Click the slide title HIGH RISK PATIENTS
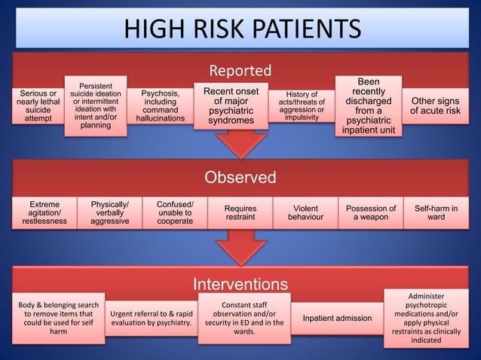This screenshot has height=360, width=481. pyautogui.click(x=241, y=28)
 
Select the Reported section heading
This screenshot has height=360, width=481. pyautogui.click(x=240, y=71)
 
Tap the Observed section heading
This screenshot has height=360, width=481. pyautogui.click(x=240, y=178)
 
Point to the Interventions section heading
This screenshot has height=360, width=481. pyautogui.click(x=240, y=284)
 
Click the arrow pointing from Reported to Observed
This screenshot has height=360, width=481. pyautogui.click(x=240, y=143)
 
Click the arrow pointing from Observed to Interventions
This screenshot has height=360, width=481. pyautogui.click(x=240, y=247)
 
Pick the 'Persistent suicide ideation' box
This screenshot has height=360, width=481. pyautogui.click(x=94, y=105)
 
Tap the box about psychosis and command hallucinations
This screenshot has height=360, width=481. pyautogui.click(x=160, y=106)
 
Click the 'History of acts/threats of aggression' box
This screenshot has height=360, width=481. pyautogui.click(x=301, y=106)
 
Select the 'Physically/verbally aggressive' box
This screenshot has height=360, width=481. pyautogui.click(x=109, y=212)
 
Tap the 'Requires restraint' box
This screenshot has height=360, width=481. pyautogui.click(x=240, y=213)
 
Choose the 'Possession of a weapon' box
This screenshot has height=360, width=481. pyautogui.click(x=370, y=213)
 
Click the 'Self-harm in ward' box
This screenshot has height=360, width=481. pyautogui.click(x=436, y=213)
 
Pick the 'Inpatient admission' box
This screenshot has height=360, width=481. pyautogui.click(x=336, y=319)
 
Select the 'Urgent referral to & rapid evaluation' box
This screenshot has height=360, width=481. pyautogui.click(x=151, y=319)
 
